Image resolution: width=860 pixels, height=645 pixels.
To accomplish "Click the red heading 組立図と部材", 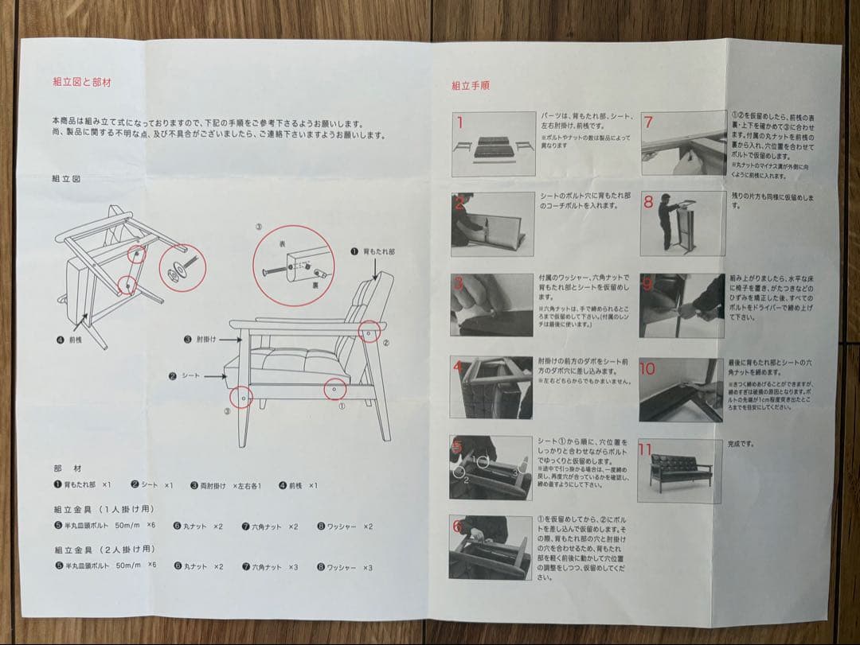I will pos(82,81).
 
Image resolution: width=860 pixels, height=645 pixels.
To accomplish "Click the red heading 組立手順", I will pos(470,85).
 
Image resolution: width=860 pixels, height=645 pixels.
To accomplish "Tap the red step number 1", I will pos(459,123).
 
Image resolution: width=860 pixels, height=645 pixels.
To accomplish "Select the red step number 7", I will pos(648,122).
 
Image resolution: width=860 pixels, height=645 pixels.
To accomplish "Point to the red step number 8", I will pos(648,202).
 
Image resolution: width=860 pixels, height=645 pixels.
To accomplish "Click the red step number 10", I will pos(647,369).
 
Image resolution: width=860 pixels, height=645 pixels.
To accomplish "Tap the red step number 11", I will pos(645,450).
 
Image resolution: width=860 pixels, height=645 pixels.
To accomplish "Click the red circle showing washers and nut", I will pos(182,269).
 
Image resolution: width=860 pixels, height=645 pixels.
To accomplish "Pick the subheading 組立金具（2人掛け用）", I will pos(104,550).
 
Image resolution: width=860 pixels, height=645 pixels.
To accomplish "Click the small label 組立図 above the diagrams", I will pos(65,179).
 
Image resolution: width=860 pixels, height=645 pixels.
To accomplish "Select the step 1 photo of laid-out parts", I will pos(493,144).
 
